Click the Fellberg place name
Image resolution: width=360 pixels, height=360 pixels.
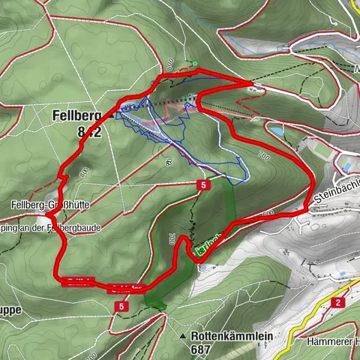pyautogui.click(x=77, y=116)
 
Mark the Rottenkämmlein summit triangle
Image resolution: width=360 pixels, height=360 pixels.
pyautogui.click(x=182, y=334)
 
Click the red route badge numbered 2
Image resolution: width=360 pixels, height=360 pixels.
pyautogui.click(x=338, y=302)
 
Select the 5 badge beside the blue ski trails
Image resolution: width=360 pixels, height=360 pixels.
pyautogui.click(x=203, y=184)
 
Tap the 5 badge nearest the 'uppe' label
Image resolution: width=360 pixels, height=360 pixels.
pyautogui.click(x=121, y=306)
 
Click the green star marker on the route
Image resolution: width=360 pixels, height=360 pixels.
pyautogui.click(x=193, y=64)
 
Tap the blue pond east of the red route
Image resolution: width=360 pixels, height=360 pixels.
pyautogui.click(x=277, y=130)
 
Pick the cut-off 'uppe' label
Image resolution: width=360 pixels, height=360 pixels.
pyautogui.click(x=10, y=310)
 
